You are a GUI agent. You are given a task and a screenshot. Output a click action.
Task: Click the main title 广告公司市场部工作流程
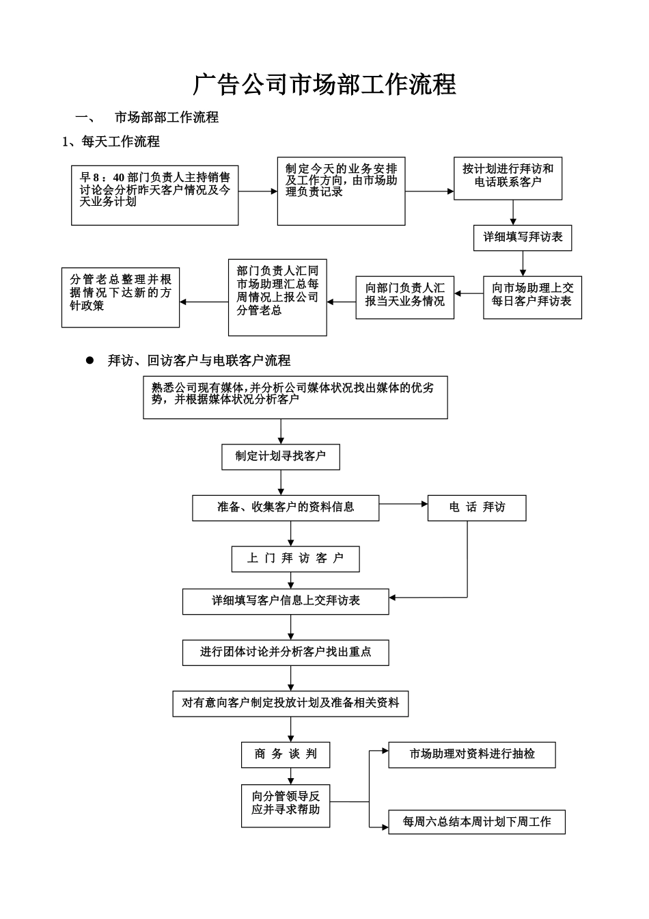(324, 84)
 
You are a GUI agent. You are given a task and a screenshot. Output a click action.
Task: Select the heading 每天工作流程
(120, 142)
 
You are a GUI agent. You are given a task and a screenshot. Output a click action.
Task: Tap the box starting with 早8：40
(154, 195)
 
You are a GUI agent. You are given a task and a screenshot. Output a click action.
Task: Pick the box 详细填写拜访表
(523, 237)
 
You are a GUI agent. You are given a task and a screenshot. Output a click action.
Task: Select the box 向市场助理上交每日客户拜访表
(532, 297)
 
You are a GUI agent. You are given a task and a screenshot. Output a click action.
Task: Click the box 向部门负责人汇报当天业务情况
(404, 297)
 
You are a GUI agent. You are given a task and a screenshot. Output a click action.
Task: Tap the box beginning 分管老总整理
(120, 297)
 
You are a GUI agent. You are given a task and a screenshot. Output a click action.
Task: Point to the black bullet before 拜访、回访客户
(89, 360)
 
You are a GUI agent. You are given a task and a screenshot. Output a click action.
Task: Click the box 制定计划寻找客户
(280, 456)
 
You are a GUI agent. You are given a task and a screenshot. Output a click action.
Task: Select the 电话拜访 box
(477, 507)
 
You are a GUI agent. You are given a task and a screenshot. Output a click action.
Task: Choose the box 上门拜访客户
(295, 559)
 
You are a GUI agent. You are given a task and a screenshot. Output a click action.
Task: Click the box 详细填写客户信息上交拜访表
(286, 601)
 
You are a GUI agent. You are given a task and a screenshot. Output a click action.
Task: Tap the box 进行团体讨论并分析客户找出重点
(286, 652)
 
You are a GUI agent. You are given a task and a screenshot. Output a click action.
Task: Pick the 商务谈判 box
(286, 754)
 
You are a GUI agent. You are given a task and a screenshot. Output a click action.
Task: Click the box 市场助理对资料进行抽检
(471, 754)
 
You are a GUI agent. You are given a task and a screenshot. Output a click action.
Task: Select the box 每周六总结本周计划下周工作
(477, 822)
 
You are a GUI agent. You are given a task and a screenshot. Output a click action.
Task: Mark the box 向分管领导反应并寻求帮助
(286, 805)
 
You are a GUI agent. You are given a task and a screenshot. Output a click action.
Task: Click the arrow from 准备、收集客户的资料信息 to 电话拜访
(403, 505)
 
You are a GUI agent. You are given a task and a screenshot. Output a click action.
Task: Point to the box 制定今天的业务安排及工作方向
(341, 191)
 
